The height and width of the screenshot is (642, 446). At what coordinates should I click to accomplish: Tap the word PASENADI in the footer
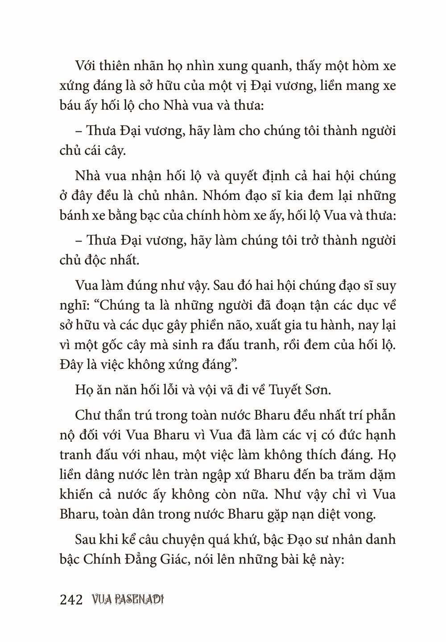(140, 600)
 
